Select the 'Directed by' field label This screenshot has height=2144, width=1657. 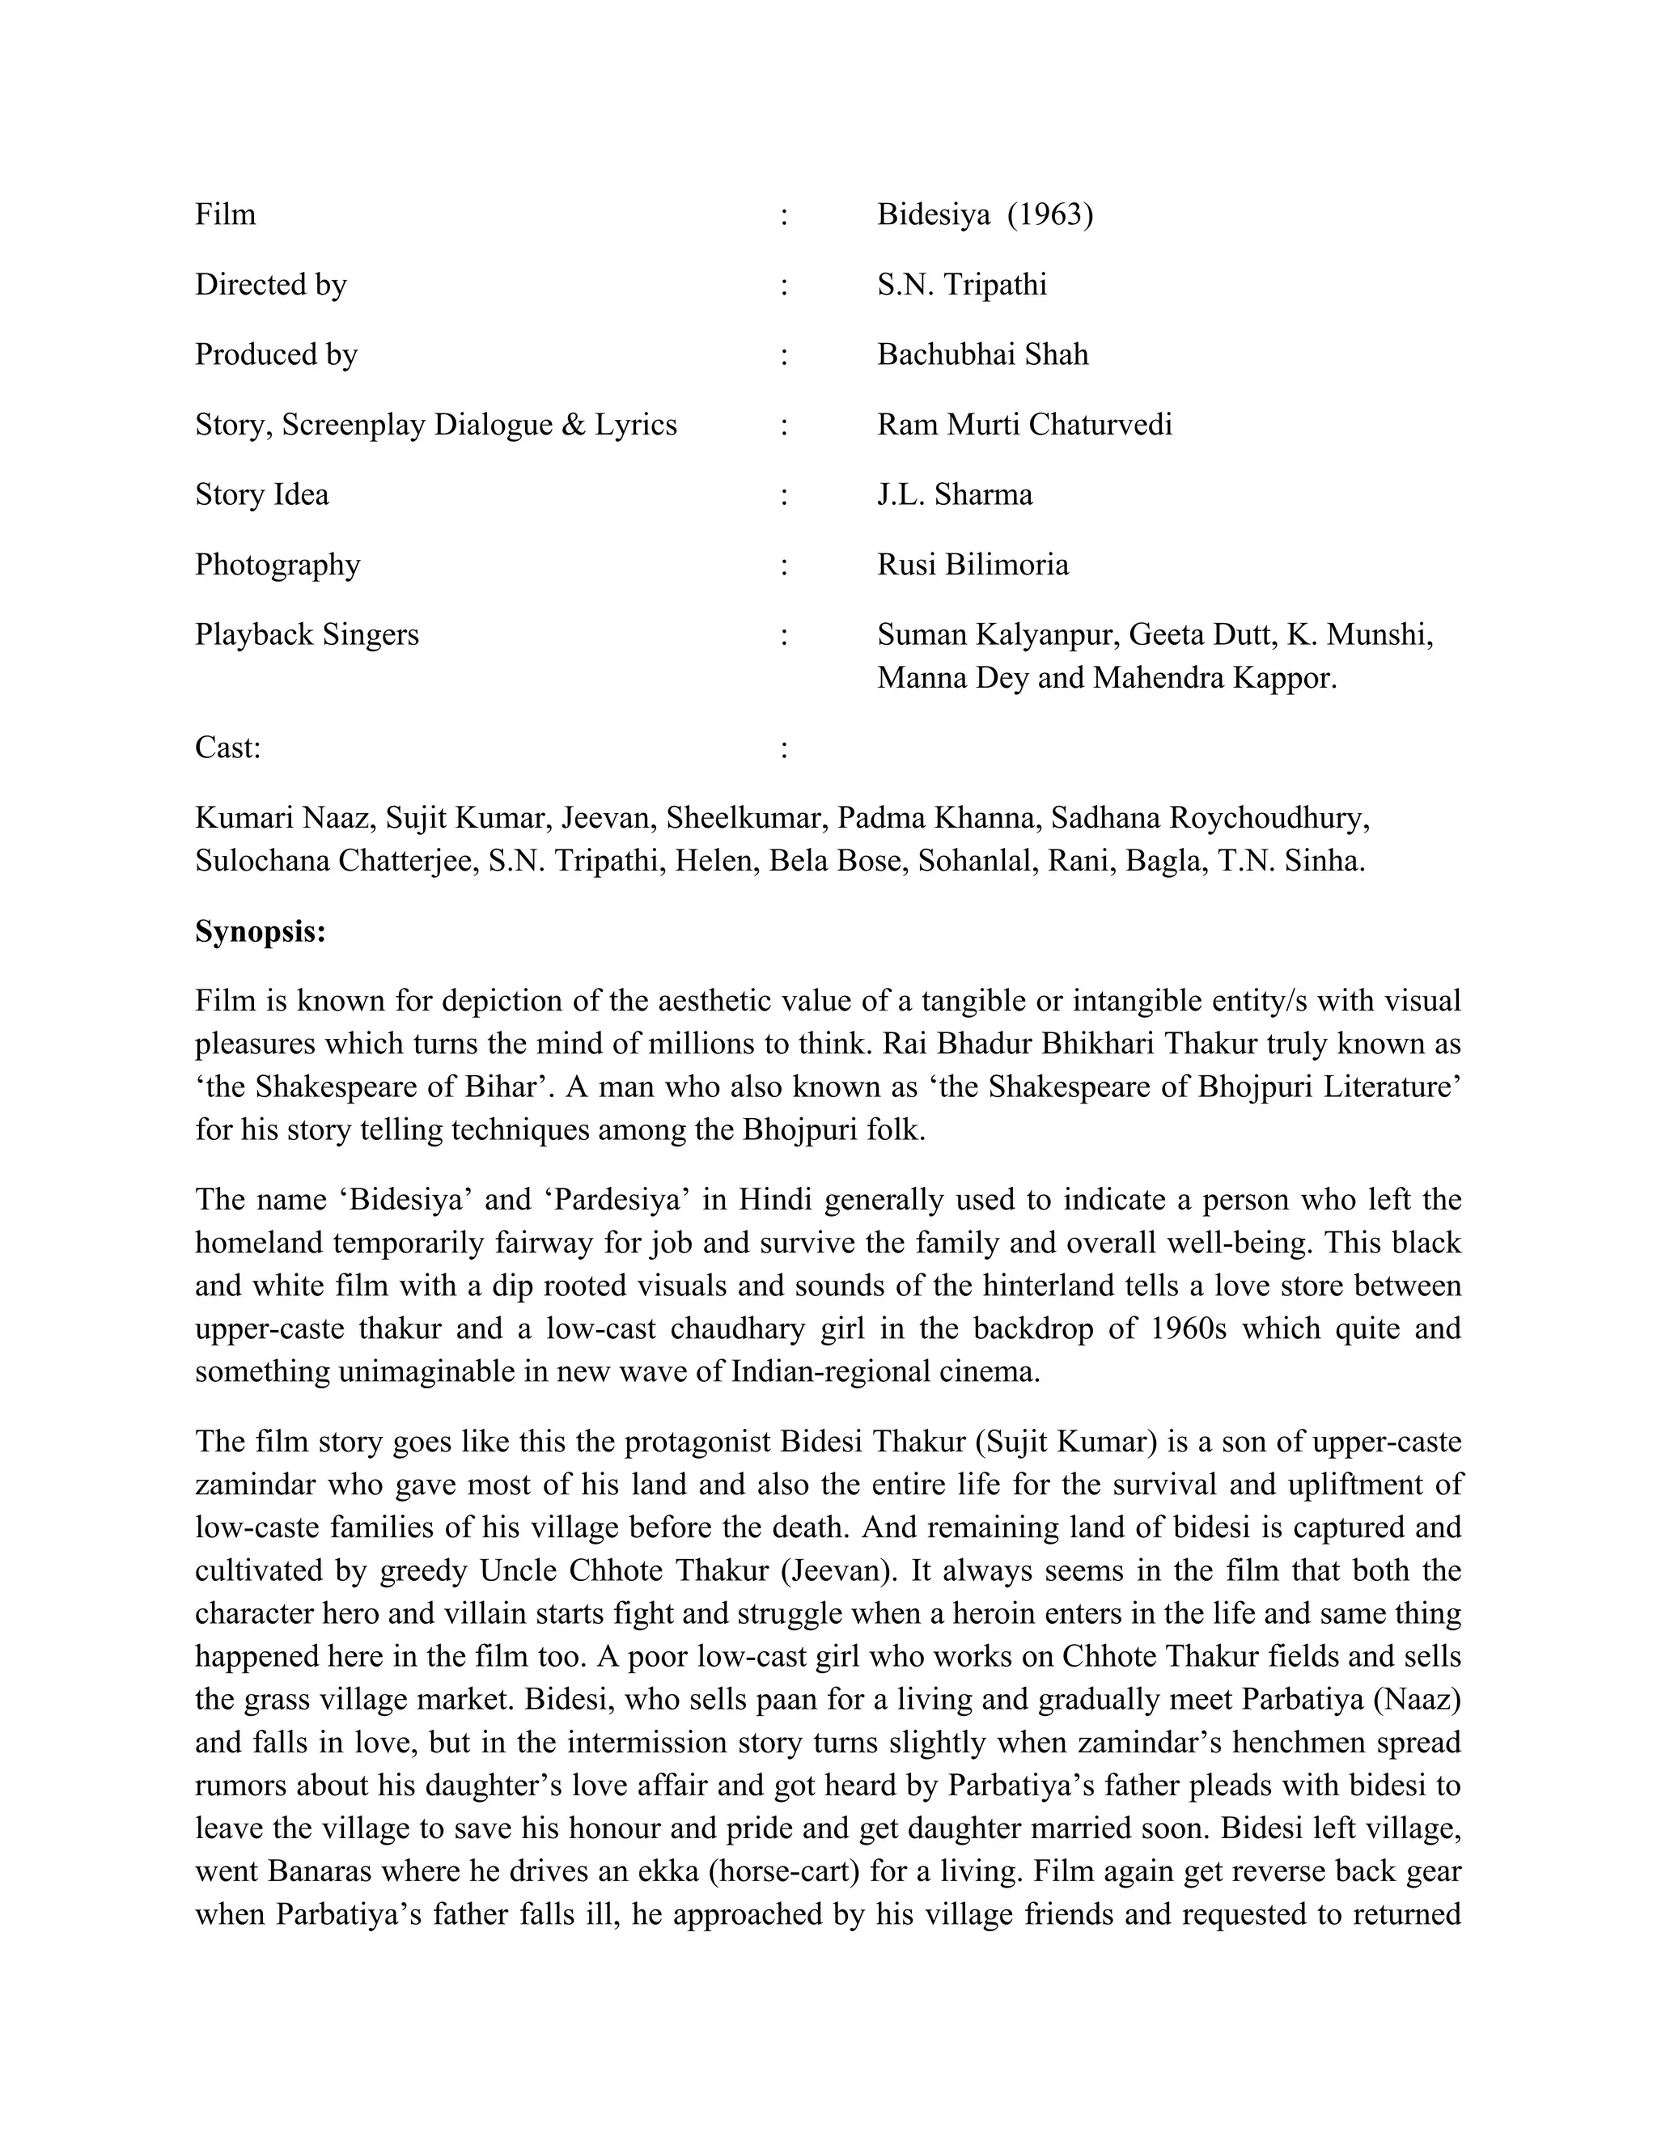271,285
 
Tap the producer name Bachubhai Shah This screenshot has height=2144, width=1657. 982,354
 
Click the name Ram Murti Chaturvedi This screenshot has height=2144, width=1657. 1023,425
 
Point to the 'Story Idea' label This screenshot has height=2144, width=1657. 262,495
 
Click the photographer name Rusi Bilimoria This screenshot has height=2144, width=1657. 973,566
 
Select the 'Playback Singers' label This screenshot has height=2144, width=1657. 307,635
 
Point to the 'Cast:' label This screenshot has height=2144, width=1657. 227,748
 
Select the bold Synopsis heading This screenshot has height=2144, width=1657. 261,930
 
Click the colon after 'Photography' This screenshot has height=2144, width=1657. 783,566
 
